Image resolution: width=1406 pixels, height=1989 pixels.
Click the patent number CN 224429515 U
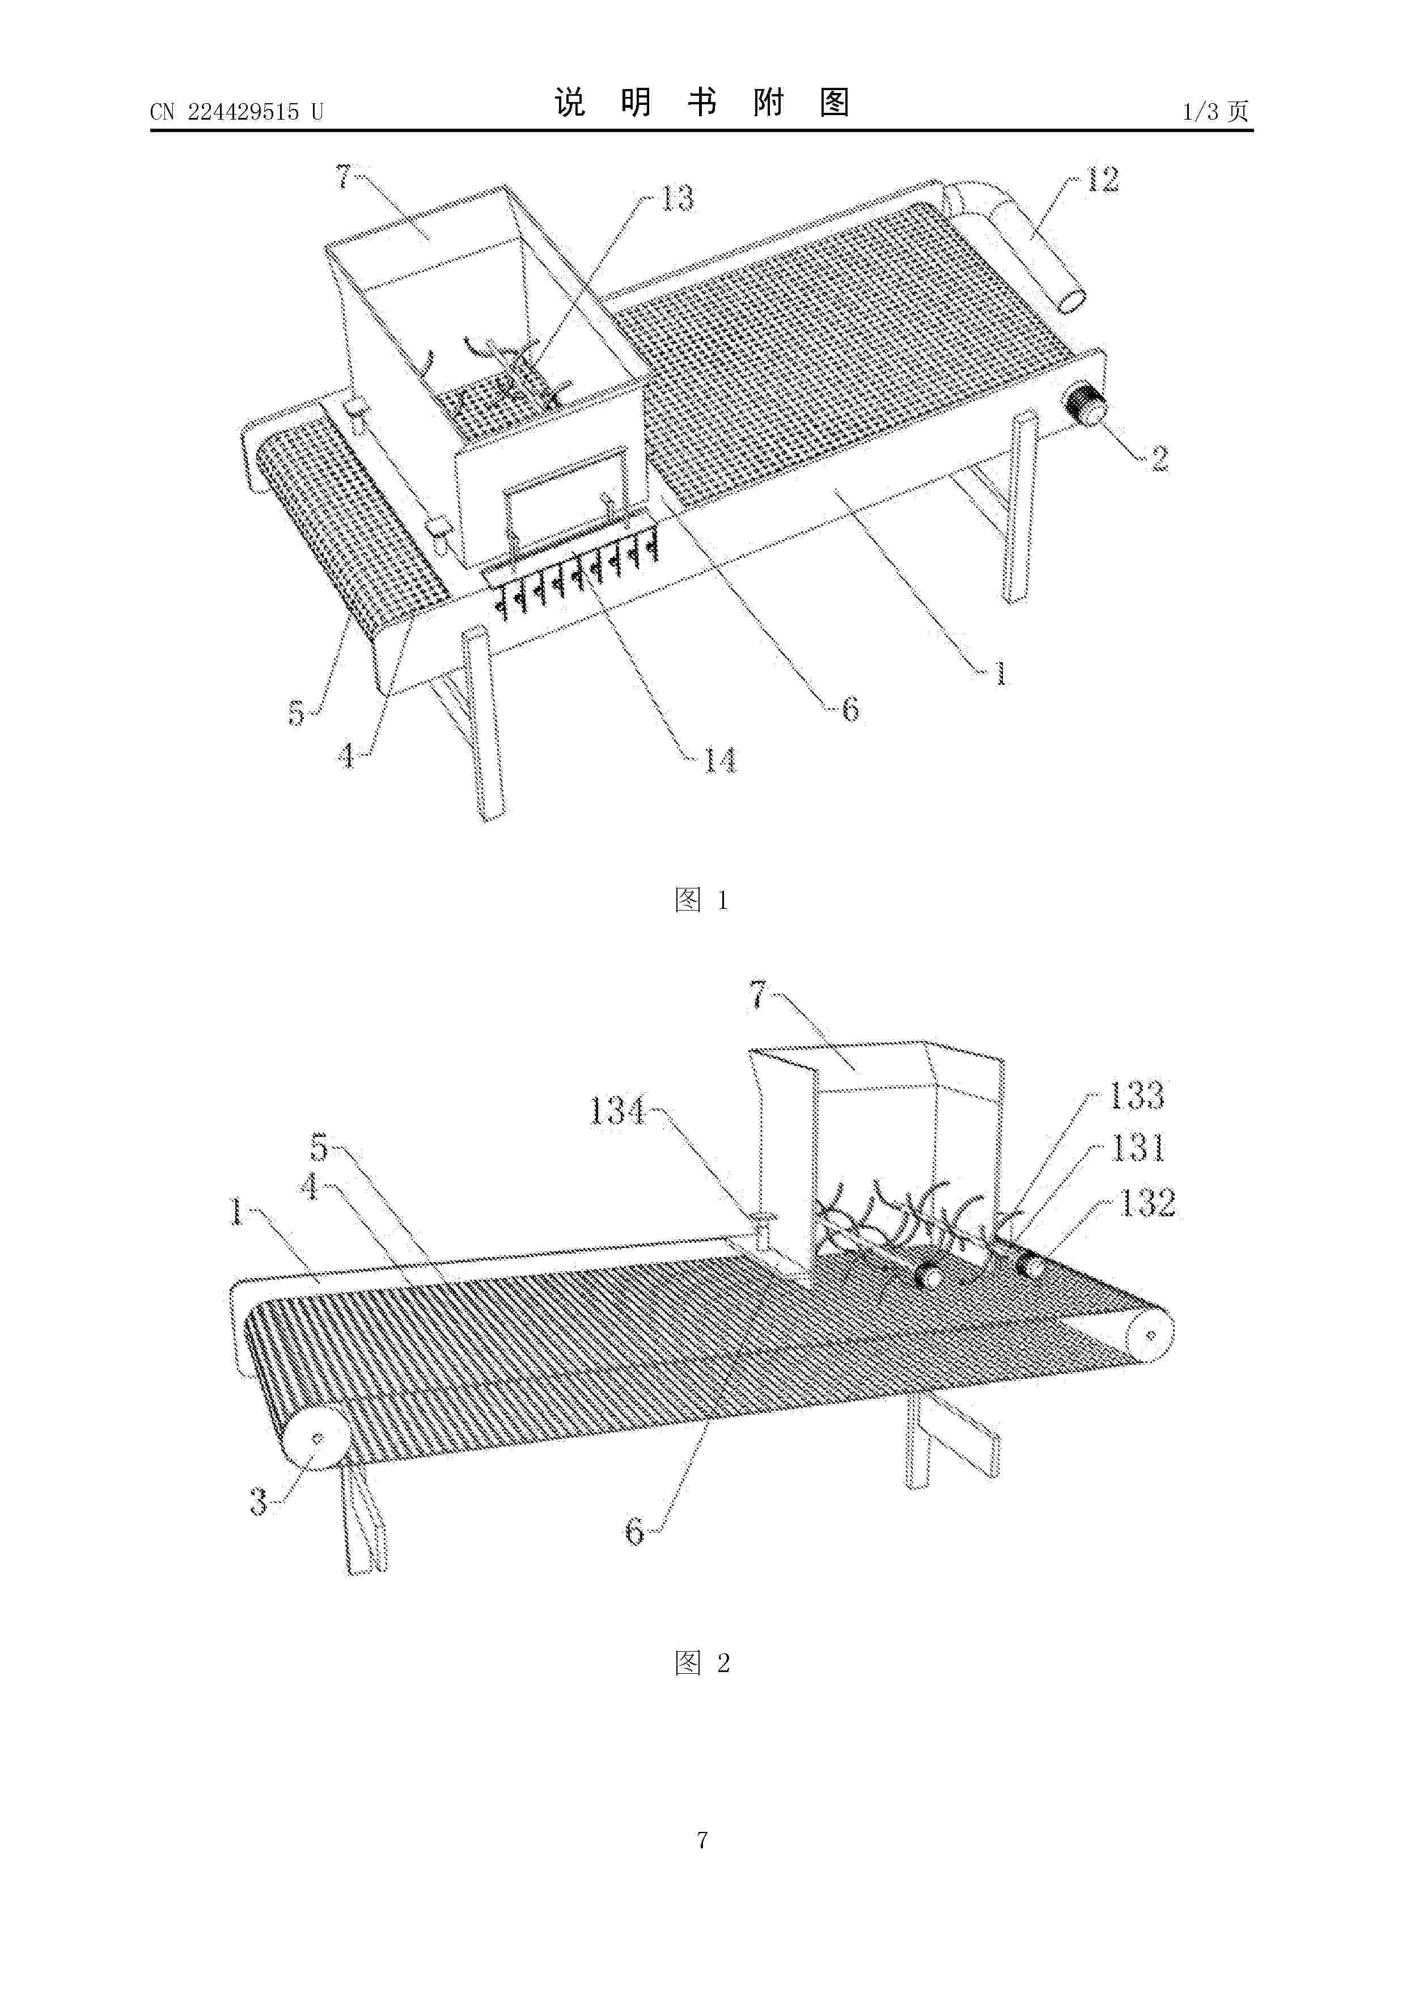[x=236, y=112]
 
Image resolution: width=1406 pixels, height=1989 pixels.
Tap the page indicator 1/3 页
[x=1216, y=111]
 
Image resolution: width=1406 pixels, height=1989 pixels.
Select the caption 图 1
[x=702, y=900]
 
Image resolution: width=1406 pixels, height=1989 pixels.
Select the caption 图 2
[x=702, y=1662]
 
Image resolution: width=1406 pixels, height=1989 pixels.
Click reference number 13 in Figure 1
[x=677, y=198]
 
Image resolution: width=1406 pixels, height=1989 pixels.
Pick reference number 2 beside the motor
[x=1159, y=458]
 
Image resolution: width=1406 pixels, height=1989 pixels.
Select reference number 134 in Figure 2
[x=617, y=1110]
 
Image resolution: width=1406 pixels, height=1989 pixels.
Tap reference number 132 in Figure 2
[x=1148, y=1203]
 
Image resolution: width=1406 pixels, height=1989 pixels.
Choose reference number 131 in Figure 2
[x=1138, y=1149]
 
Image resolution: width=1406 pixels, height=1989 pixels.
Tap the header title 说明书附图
[x=702, y=103]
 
